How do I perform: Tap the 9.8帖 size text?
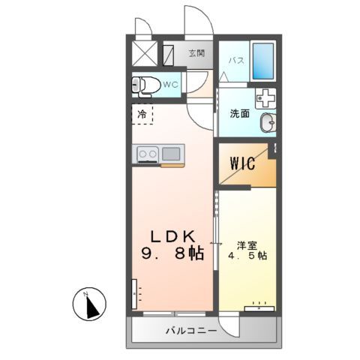172,253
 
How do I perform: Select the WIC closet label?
244,163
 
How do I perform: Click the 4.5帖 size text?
247,255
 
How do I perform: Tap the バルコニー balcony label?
191,331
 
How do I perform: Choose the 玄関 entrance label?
196,53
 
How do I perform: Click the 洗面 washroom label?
239,114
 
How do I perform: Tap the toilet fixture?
145,85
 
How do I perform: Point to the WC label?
169,85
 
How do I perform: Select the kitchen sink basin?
171,154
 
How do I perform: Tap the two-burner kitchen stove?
147,154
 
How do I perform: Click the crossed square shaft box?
145,54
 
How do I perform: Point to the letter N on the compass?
86,292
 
